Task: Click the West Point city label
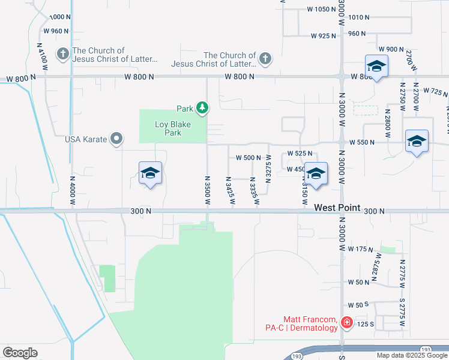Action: coord(337,208)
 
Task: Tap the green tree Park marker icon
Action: coord(203,108)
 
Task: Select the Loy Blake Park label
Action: coord(168,128)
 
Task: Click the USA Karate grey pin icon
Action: coord(118,140)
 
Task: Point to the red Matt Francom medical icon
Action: coord(346,323)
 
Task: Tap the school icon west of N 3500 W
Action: coord(150,174)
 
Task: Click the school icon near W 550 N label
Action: coord(417,142)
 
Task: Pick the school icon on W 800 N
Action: coord(376,66)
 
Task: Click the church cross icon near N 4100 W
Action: coord(62,55)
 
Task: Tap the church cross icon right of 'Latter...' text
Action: coord(265,59)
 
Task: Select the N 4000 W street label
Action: coord(72,190)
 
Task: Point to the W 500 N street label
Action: coord(248,158)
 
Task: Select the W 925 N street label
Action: coord(324,36)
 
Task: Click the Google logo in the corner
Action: coord(20,353)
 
